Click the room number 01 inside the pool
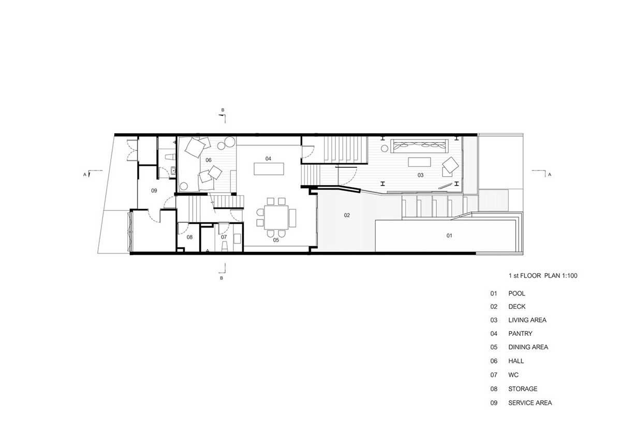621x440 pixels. (x=449, y=236)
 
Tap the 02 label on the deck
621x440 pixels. (x=347, y=215)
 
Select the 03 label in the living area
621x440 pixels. (x=420, y=175)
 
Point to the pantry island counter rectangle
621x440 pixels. (x=269, y=169)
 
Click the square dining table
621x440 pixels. (x=276, y=217)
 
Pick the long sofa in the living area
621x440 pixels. (x=419, y=146)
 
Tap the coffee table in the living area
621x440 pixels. (x=419, y=162)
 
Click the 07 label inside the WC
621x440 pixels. (x=224, y=237)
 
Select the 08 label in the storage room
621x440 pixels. (x=189, y=237)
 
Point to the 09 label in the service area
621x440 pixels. (x=154, y=191)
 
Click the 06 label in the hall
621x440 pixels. (x=208, y=160)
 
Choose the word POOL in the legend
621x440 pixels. (x=516, y=293)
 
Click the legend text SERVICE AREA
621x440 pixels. (x=530, y=403)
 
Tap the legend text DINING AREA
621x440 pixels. (x=528, y=347)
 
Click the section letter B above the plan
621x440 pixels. (x=223, y=110)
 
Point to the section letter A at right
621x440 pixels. (x=550, y=175)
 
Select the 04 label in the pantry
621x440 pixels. (x=268, y=159)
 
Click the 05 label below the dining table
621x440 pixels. (x=276, y=240)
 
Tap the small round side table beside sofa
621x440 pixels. (x=384, y=149)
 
